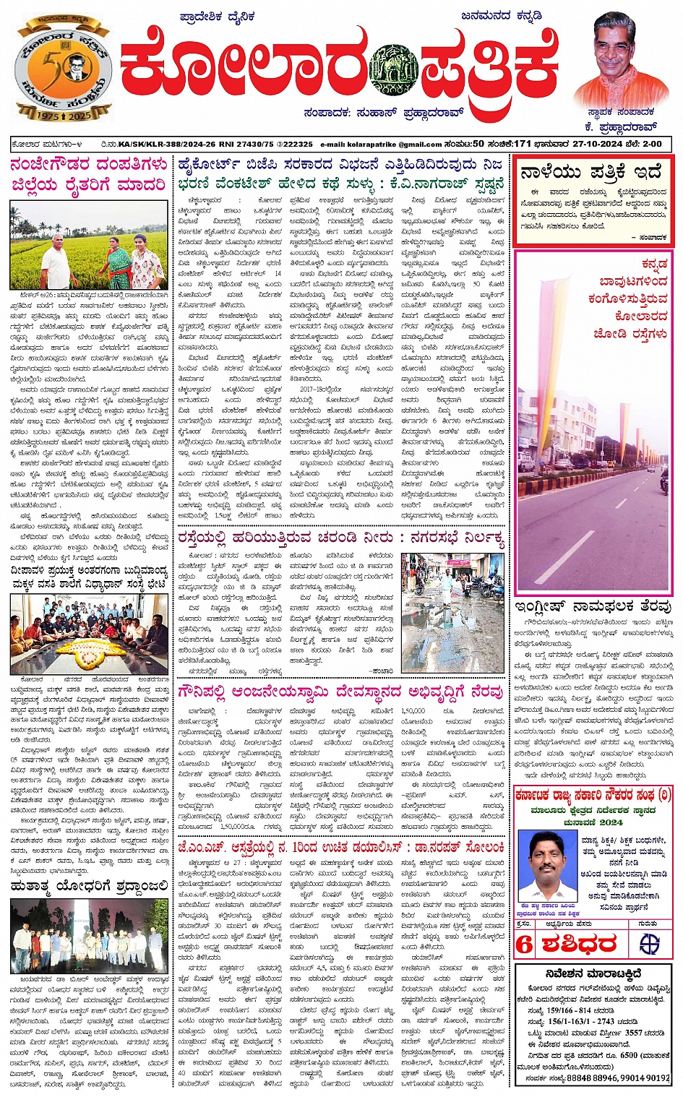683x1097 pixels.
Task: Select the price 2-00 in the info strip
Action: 652,144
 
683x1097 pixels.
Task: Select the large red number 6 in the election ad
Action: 524,944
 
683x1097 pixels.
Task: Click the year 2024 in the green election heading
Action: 611,822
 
